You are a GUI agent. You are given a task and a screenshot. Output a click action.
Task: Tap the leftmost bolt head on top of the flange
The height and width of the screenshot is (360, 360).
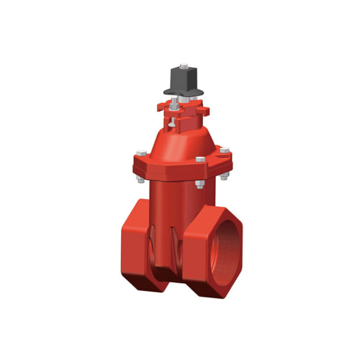click(x=141, y=153)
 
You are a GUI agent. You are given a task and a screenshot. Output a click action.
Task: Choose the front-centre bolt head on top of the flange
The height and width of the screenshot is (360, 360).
click(x=200, y=159)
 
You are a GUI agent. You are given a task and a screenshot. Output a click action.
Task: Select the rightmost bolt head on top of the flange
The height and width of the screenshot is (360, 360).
click(x=225, y=150)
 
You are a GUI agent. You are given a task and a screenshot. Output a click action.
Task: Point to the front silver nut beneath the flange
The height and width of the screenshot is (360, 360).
click(x=199, y=186)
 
